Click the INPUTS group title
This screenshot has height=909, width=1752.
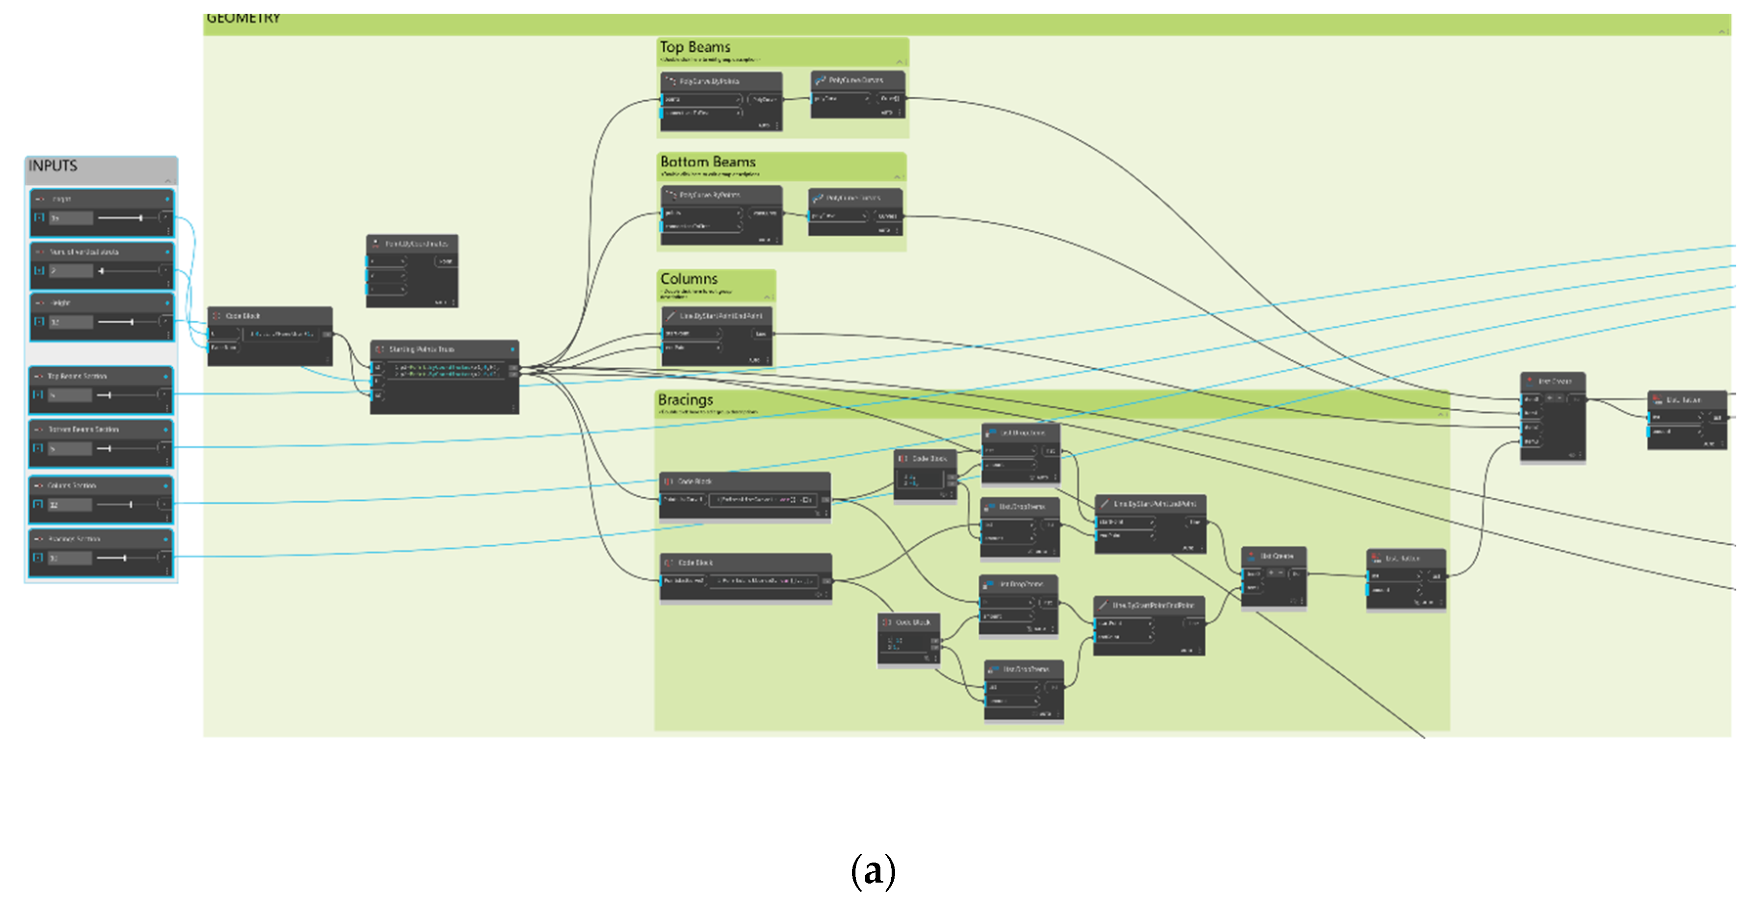pos(53,166)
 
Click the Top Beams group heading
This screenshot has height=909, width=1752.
pos(695,47)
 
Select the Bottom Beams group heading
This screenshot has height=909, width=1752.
pos(708,162)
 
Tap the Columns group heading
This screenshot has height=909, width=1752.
pos(689,279)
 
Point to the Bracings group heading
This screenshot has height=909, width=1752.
pos(686,400)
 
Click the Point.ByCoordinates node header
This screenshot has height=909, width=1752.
pos(416,244)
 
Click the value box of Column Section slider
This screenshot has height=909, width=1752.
pos(70,505)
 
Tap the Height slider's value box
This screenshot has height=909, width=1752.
pos(70,322)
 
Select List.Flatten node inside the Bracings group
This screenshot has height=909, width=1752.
pos(1402,558)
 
